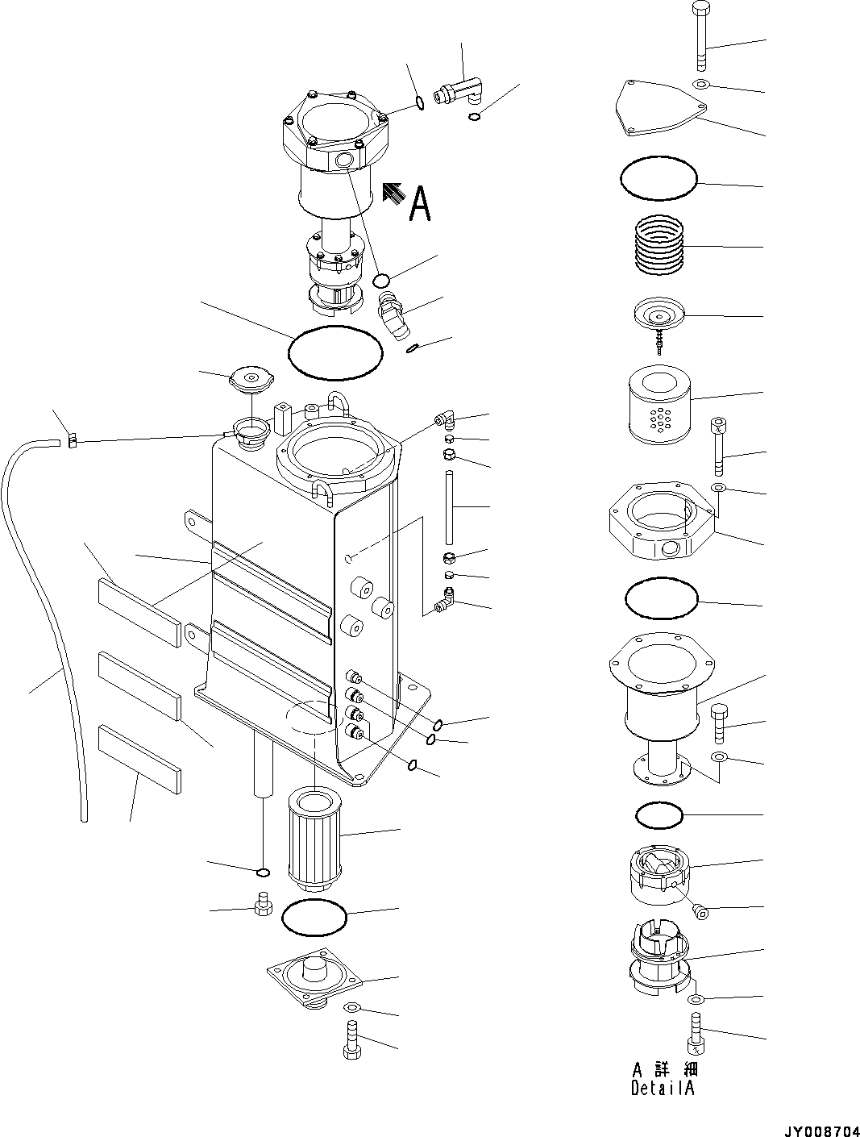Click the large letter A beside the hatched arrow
pyautogui.click(x=420, y=203)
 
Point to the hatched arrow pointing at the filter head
pyautogui.click(x=393, y=193)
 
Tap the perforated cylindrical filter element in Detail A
pyautogui.click(x=660, y=403)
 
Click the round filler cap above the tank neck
pyautogui.click(x=251, y=377)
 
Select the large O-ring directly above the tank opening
pyautogui.click(x=334, y=352)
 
